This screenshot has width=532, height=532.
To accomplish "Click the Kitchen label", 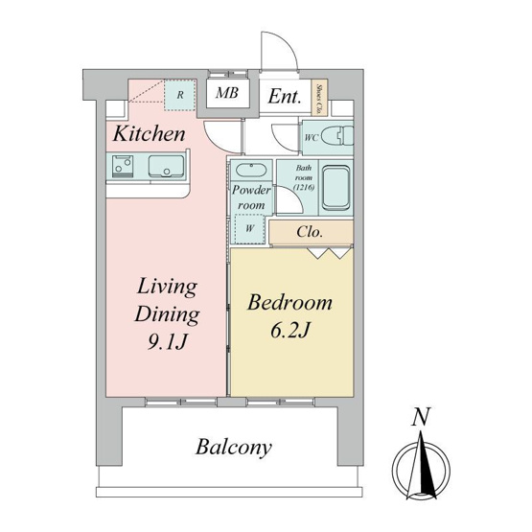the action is pos(150,134).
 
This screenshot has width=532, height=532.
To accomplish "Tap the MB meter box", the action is pos(227,93).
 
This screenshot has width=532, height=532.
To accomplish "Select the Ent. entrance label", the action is pos(285,97).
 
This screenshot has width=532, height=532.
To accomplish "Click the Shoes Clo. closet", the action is pos(319,98).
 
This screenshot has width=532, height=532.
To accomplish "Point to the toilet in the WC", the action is pos(337,136).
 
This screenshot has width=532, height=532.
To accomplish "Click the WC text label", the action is pos(312,138).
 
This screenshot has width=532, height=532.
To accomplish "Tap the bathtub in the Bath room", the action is pos(335,188).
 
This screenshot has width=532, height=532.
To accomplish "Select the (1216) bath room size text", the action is pos(304,187).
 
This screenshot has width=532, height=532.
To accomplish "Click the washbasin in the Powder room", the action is pos(251,170).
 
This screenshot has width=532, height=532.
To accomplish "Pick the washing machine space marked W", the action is pos(250,229).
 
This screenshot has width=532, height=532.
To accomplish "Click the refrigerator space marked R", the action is pos(180,95).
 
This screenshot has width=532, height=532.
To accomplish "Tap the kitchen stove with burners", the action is pos(123,166).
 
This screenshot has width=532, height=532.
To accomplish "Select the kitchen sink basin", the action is pos(166,166).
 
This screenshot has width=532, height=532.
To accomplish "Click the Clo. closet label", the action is pos(309,232).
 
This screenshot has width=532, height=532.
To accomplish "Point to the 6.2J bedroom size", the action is pos(290,330).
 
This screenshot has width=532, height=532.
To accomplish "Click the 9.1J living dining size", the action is pos(167,341).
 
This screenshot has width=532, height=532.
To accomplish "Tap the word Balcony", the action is pos(234,448).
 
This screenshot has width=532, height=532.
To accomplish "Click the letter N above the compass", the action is pos(421,416).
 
